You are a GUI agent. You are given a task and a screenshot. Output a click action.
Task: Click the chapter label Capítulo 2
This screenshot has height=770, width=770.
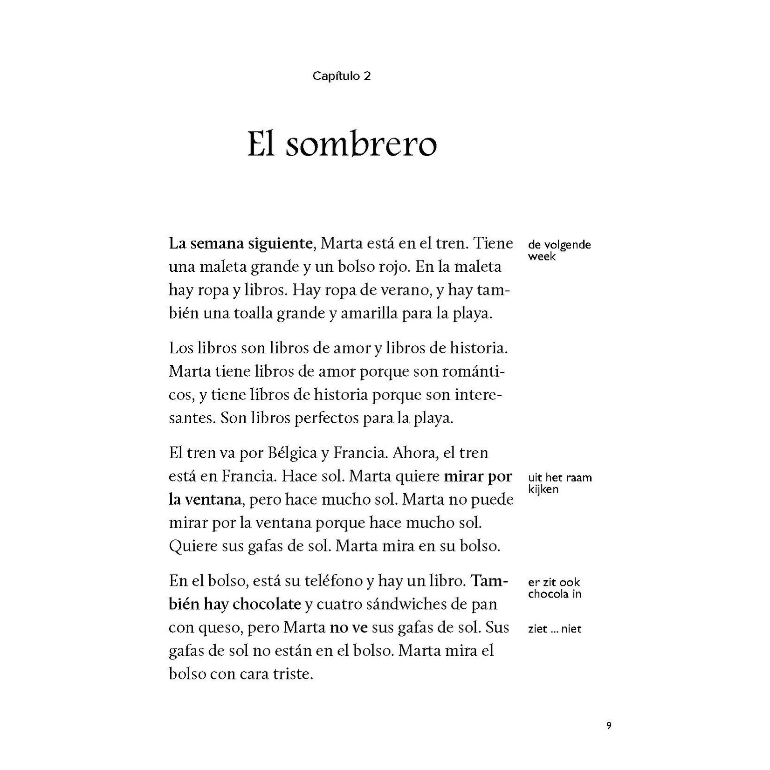(341, 76)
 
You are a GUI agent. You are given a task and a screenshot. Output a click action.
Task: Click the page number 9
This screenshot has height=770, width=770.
(609, 726)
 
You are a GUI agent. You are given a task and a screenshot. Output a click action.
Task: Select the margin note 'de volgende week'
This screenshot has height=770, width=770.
(559, 250)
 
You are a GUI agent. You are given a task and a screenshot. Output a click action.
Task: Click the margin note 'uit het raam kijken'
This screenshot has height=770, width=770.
(559, 483)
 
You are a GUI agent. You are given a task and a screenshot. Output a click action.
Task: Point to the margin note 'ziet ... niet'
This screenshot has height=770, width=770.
(555, 629)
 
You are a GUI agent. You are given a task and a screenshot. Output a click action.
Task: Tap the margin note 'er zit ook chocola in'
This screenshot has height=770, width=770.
(554, 588)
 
